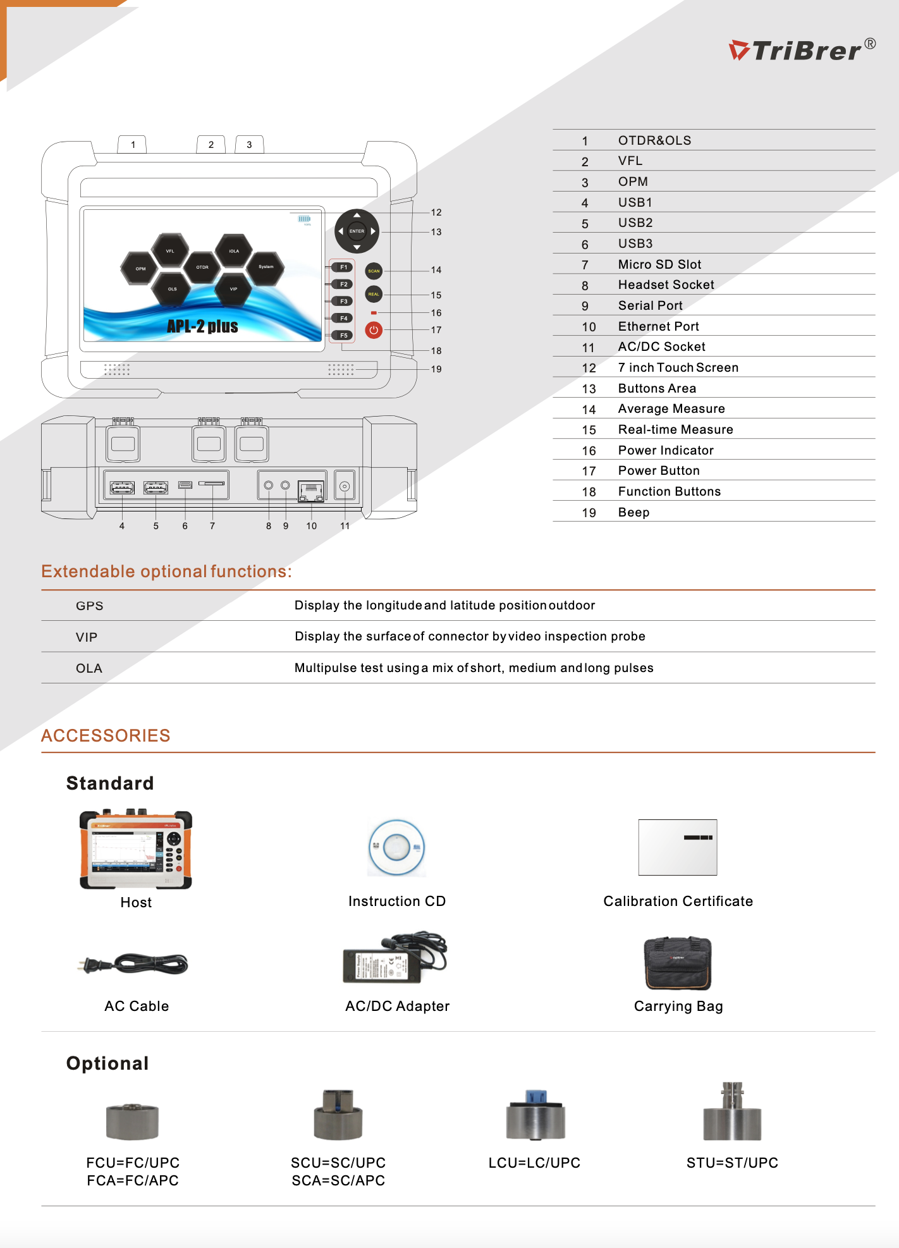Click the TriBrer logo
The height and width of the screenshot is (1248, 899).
tap(802, 50)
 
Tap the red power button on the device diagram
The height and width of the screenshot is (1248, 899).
tap(374, 330)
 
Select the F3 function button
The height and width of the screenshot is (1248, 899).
tap(343, 302)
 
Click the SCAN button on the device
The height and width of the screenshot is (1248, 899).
tap(374, 271)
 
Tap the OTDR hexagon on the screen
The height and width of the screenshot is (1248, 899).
tap(202, 267)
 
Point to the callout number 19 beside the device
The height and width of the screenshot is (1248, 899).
tap(436, 369)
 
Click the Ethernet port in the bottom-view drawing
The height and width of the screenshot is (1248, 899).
tap(311, 491)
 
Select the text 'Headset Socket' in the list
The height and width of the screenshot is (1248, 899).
tap(666, 285)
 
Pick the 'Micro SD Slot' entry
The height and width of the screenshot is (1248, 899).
tap(659, 264)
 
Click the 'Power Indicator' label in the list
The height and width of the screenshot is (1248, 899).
tap(666, 450)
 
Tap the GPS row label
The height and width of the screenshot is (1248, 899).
tap(90, 606)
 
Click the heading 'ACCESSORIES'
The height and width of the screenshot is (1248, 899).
tap(106, 735)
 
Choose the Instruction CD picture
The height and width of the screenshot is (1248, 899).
tap(397, 848)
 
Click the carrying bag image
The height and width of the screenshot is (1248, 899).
tap(678, 963)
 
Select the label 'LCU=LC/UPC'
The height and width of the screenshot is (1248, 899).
tap(534, 1163)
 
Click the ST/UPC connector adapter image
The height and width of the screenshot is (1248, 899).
tap(733, 1111)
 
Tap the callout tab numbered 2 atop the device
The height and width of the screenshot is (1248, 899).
tap(211, 145)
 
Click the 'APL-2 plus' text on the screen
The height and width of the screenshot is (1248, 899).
tap(202, 326)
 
